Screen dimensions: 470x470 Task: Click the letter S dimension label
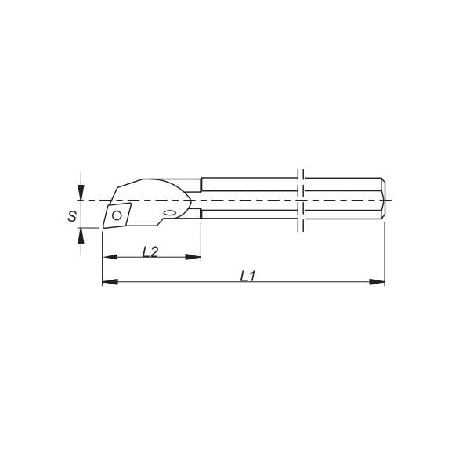click(72, 216)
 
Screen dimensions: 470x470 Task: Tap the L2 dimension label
click(150, 252)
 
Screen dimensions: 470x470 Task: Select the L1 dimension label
click(248, 276)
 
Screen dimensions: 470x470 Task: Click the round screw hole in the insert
click(117, 215)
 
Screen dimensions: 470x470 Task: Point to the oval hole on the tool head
click(170, 213)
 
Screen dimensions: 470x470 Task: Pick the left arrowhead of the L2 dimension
click(110, 257)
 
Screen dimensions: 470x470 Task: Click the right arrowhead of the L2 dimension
click(193, 257)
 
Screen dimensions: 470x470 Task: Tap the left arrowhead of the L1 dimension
click(110, 282)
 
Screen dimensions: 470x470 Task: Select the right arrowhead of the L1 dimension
click(377, 282)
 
